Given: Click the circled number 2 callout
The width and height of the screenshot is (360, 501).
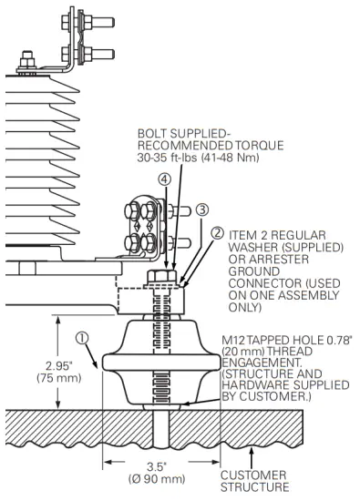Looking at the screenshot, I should (217, 233).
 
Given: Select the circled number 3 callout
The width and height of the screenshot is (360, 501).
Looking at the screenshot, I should (201, 210).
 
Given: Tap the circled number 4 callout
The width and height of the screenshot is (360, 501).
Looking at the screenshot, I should (164, 179).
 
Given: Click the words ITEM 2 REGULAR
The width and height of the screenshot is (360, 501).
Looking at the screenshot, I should (279, 235).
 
